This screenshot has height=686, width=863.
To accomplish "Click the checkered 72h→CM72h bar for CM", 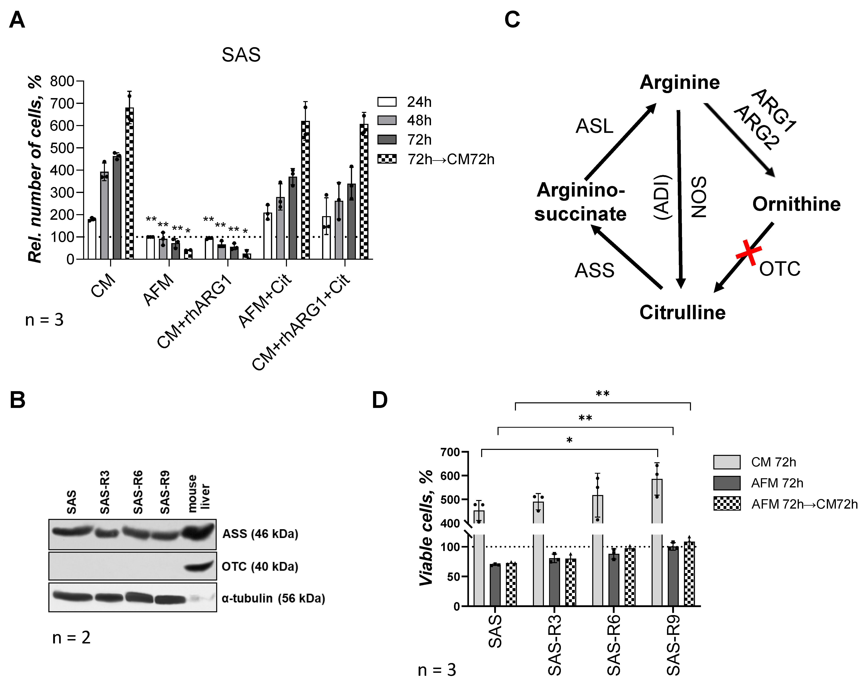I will tap(129, 184).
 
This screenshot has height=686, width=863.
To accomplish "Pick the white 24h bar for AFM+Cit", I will tap(267, 236).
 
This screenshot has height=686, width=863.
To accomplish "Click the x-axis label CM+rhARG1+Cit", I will tap(301, 322).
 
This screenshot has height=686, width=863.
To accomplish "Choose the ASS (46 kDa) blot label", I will tap(260, 534).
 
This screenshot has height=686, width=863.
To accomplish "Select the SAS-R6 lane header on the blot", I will tap(138, 492).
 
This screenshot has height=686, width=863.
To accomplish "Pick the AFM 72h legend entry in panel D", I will tap(776, 483).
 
